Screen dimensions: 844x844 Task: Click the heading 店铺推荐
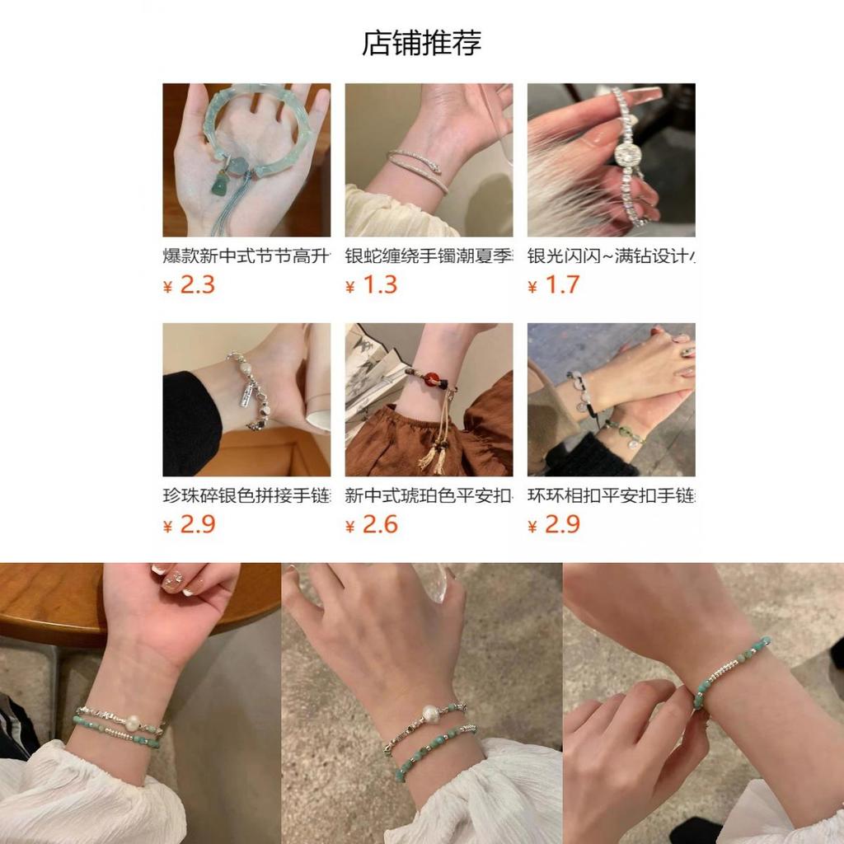[421, 43]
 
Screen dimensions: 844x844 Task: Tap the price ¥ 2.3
[190, 285]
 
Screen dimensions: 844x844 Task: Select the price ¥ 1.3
[372, 285]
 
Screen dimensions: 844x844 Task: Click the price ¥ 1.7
[554, 285]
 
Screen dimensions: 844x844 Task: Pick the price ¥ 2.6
[372, 524]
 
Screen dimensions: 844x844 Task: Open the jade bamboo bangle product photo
[246, 160]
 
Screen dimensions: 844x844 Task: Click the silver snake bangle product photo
[429, 160]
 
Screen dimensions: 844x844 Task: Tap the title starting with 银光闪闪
[611, 256]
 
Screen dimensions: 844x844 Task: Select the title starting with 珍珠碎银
[246, 495]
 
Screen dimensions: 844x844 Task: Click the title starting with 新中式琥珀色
[429, 495]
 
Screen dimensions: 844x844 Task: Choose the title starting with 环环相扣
[611, 495]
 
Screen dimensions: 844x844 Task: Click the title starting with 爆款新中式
[246, 256]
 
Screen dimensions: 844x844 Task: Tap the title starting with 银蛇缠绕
[429, 256]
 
